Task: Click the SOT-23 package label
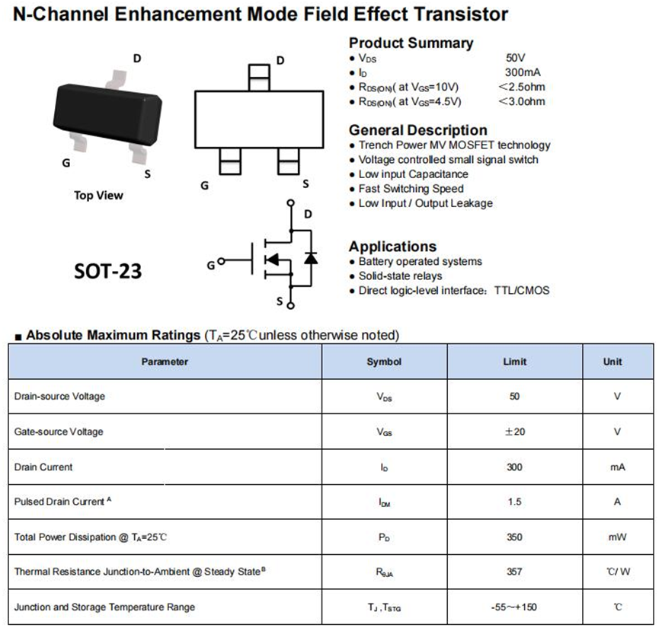107,271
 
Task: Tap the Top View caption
98,196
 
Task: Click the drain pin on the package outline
259,77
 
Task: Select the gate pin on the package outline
229,161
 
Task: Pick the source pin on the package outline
288,161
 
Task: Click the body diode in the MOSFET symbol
310,258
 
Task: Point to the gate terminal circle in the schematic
221,262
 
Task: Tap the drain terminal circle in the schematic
290,203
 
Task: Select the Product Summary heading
411,43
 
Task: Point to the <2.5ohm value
522,87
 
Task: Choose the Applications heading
392,247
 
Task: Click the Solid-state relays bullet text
400,276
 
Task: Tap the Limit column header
515,362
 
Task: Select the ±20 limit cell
515,432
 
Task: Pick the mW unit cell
617,537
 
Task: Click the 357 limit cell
515,572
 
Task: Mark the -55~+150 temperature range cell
515,607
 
